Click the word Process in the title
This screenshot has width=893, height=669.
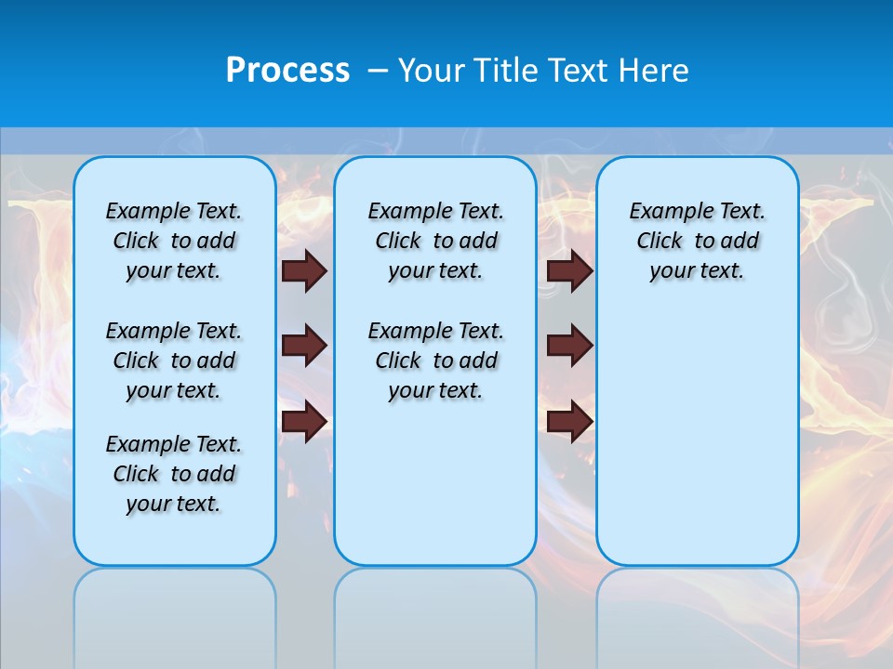tap(287, 71)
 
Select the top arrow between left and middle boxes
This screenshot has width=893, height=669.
tap(304, 270)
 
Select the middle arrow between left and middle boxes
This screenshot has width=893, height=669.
tap(304, 346)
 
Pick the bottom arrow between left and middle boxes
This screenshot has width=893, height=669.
tap(304, 421)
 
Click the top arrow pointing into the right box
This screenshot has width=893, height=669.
tap(570, 270)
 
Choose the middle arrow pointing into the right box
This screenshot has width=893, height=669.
tap(570, 346)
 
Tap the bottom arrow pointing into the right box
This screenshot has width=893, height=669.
tap(570, 421)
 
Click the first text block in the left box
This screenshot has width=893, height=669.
tap(174, 241)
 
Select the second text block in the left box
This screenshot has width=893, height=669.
tap(174, 361)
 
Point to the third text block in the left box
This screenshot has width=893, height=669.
tap(174, 474)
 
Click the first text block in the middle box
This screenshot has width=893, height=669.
tap(435, 241)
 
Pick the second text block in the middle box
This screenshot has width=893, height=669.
tap(435, 361)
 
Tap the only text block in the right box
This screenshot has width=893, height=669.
tap(697, 241)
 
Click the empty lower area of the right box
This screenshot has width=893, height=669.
tap(697, 437)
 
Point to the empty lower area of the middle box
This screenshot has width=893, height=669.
tap(435, 483)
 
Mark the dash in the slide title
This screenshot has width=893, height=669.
tap(378, 71)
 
